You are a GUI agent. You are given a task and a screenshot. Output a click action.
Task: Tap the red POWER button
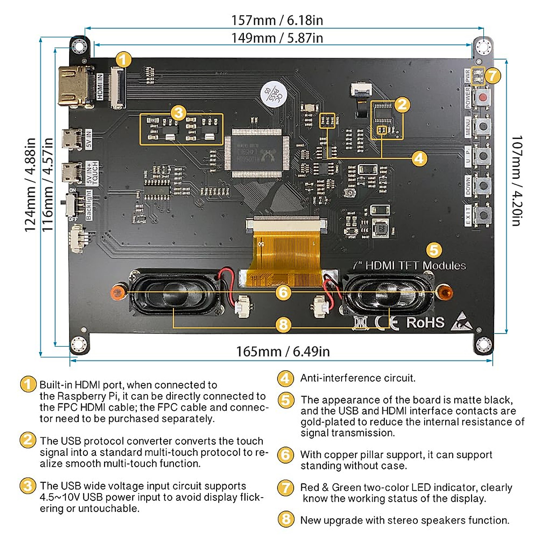[482, 97]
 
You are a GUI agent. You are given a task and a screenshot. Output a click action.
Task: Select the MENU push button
[482, 126]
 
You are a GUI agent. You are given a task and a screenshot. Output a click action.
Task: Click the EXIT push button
[482, 215]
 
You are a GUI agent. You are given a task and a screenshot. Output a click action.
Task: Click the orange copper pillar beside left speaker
[117, 292]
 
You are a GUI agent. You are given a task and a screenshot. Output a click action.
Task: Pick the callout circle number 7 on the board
[493, 75]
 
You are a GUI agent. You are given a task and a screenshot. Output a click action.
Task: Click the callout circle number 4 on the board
[419, 158]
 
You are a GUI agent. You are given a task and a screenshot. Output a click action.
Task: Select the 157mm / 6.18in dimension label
[277, 20]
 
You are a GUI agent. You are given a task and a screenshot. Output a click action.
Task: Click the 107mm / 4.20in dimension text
[516, 180]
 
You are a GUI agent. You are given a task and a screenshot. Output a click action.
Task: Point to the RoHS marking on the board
[425, 322]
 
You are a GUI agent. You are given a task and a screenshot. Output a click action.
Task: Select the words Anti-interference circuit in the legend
[358, 378]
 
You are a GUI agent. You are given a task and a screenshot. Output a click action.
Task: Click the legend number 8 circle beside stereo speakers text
[286, 520]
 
